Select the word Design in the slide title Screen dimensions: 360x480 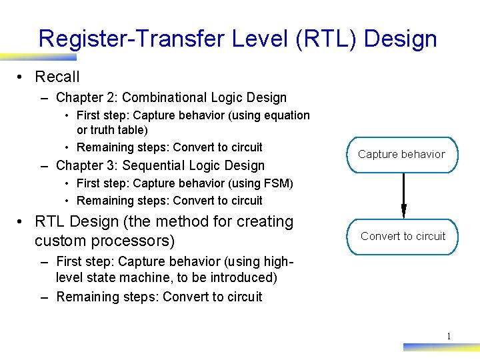(x=403, y=39)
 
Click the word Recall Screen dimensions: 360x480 (x=57, y=77)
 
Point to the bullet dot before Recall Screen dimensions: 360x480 (x=22, y=77)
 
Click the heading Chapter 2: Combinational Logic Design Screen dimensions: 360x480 (x=171, y=97)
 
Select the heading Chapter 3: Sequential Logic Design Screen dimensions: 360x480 (x=160, y=165)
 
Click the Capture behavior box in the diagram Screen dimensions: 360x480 (x=401, y=155)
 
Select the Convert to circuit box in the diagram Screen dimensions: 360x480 (x=403, y=237)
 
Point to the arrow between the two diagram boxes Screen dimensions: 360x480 (x=403, y=196)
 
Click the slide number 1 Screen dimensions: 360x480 (x=449, y=336)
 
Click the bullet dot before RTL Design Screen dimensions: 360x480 (x=22, y=222)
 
